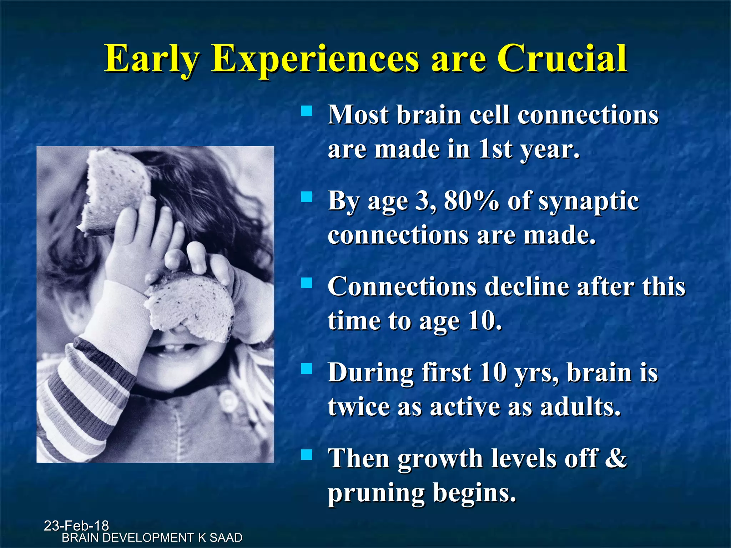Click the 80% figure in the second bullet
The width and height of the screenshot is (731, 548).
tap(472, 201)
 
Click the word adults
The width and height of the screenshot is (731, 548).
tap(581, 407)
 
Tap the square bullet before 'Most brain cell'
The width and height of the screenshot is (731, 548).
tap(306, 111)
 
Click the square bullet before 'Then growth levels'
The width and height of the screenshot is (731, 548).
tap(306, 455)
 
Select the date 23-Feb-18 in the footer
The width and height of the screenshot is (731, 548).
tap(76, 526)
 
